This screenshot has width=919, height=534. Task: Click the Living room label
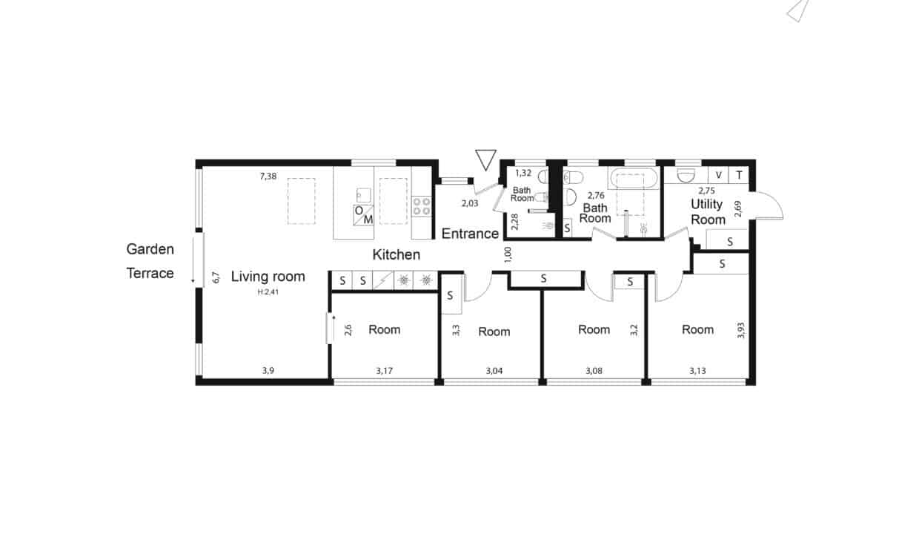tap(268, 277)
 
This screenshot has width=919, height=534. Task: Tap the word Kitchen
tap(397, 255)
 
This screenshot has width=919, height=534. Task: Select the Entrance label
tap(470, 234)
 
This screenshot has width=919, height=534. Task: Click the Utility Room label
tap(708, 212)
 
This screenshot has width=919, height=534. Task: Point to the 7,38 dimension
tap(268, 177)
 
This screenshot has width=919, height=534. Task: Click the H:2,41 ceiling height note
tap(268, 292)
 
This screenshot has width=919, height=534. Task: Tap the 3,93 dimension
tap(740, 331)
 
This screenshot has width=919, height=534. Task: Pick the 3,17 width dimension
tap(385, 371)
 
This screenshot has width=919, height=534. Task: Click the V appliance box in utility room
tap(718, 175)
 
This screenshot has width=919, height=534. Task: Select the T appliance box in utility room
tap(739, 175)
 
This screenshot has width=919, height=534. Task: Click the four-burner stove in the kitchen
tap(422, 206)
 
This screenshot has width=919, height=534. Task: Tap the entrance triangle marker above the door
tap(485, 159)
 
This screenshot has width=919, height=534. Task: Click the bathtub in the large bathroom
tap(634, 179)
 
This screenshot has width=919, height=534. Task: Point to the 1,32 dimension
tap(523, 174)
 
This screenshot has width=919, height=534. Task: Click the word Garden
tap(150, 249)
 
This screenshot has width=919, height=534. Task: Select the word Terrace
tap(150, 274)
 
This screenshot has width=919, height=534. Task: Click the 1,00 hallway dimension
tap(508, 254)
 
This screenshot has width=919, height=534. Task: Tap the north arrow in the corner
tap(798, 10)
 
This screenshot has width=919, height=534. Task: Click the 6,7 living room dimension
tap(216, 277)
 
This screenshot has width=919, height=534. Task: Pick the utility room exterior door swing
tap(767, 205)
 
